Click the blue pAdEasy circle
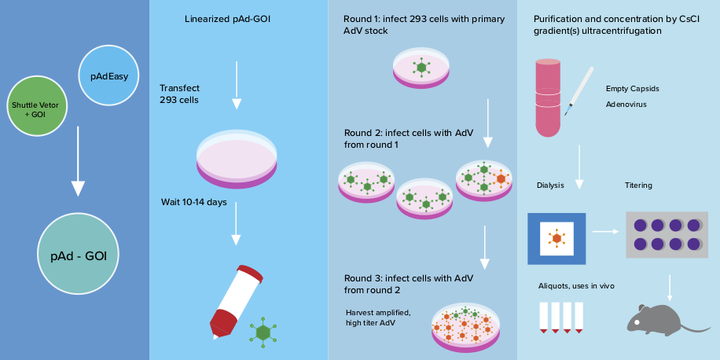pyautogui.click(x=109, y=76)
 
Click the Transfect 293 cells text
pyautogui.click(x=179, y=94)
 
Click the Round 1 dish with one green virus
pyautogui.click(x=422, y=68)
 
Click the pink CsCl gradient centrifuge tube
pyautogui.click(x=547, y=96)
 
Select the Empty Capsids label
pyautogui.click(x=632, y=89)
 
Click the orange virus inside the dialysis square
pyautogui.click(x=557, y=237)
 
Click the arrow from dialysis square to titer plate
pyautogui.click(x=604, y=232)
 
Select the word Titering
pyautogui.click(x=638, y=186)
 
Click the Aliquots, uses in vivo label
pyautogui.click(x=576, y=286)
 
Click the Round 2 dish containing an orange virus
pyautogui.click(x=484, y=180)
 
